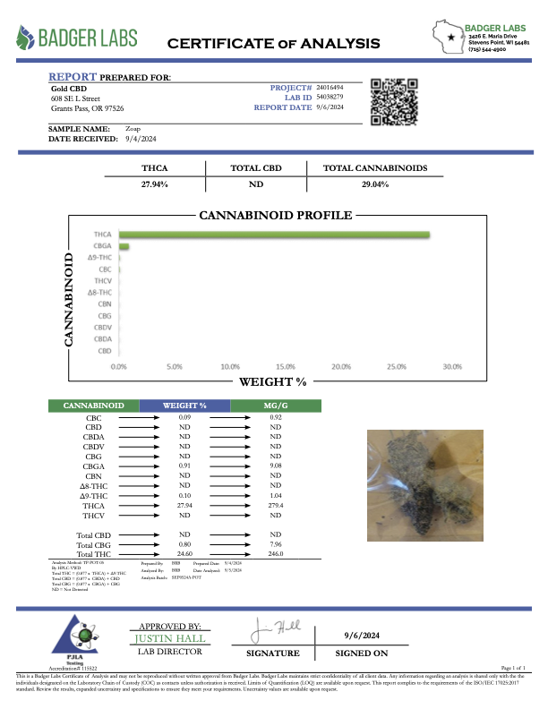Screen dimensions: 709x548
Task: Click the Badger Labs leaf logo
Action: [x=29, y=38]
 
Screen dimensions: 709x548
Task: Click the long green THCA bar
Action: [x=274, y=235]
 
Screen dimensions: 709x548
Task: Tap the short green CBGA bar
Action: [x=124, y=246]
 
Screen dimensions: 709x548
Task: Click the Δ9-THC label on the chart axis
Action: [x=99, y=258]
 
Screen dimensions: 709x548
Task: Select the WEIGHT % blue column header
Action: [x=184, y=406]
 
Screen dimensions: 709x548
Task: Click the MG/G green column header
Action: [x=276, y=406]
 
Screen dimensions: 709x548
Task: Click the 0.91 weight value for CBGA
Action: [x=185, y=466]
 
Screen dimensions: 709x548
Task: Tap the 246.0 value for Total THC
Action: [x=276, y=554]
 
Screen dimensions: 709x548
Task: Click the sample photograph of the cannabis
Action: [x=428, y=483]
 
